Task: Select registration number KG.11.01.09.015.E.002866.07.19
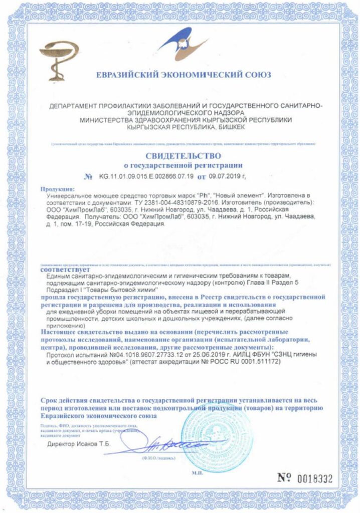click(x=146, y=176)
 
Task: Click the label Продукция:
click(x=57, y=189)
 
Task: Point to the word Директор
click(x=62, y=444)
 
